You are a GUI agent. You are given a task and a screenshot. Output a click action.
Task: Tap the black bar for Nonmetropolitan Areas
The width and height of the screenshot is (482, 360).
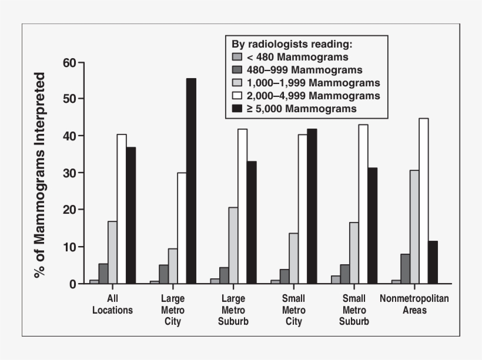433,263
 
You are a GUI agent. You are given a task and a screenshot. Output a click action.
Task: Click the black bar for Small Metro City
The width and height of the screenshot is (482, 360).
312,206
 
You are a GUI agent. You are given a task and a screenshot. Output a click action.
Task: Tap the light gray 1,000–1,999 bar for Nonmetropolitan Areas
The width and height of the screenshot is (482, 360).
414,227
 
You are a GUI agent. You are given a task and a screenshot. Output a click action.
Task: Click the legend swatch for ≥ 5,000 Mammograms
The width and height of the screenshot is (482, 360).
237,109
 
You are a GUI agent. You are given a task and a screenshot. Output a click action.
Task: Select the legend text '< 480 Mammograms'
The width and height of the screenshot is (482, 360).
298,57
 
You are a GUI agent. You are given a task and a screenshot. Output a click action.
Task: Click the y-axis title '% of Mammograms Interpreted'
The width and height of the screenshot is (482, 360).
39,174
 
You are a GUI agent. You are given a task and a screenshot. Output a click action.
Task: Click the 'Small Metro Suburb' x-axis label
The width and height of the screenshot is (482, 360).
354,310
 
